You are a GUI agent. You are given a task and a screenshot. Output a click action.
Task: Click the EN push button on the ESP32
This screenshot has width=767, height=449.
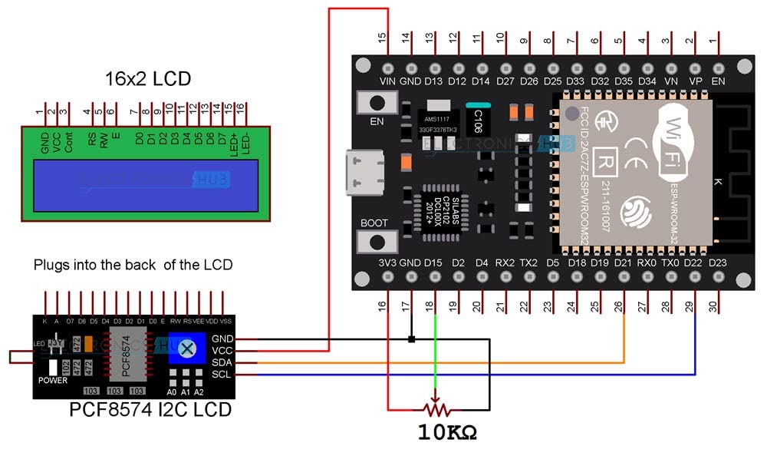click(377, 103)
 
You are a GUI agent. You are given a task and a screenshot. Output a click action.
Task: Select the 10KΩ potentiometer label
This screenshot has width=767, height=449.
click(447, 431)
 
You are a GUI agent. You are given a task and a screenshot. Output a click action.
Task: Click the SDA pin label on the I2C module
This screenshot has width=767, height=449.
click(222, 362)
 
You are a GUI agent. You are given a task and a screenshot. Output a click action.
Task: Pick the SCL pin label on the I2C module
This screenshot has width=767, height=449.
click(222, 374)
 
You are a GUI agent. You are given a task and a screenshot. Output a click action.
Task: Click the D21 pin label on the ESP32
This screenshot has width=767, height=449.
click(623, 262)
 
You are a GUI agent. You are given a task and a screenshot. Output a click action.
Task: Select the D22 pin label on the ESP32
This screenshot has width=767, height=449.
click(694, 262)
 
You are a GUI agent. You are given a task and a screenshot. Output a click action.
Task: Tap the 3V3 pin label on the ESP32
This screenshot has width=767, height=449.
click(387, 262)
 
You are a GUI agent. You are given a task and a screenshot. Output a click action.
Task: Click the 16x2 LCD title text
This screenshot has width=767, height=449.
click(147, 79)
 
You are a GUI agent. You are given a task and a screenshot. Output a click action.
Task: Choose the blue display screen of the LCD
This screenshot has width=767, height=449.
click(145, 185)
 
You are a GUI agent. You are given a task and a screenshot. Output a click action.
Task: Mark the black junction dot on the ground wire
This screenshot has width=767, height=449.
click(412, 338)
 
